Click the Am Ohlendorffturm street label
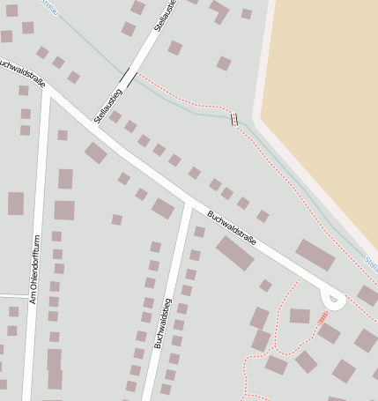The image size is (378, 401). coord(35,270)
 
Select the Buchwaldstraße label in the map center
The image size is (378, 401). coord(233,227)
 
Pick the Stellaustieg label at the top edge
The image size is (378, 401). coord(164,15)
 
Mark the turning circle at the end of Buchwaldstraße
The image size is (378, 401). coord(333,300)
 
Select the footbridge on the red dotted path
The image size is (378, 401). coord(234,119)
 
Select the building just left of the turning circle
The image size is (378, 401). coord(300,316)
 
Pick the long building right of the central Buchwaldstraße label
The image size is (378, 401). coord(315,255)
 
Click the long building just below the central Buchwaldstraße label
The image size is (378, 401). coord(235,253)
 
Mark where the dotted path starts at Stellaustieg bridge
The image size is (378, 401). coord(138,75)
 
